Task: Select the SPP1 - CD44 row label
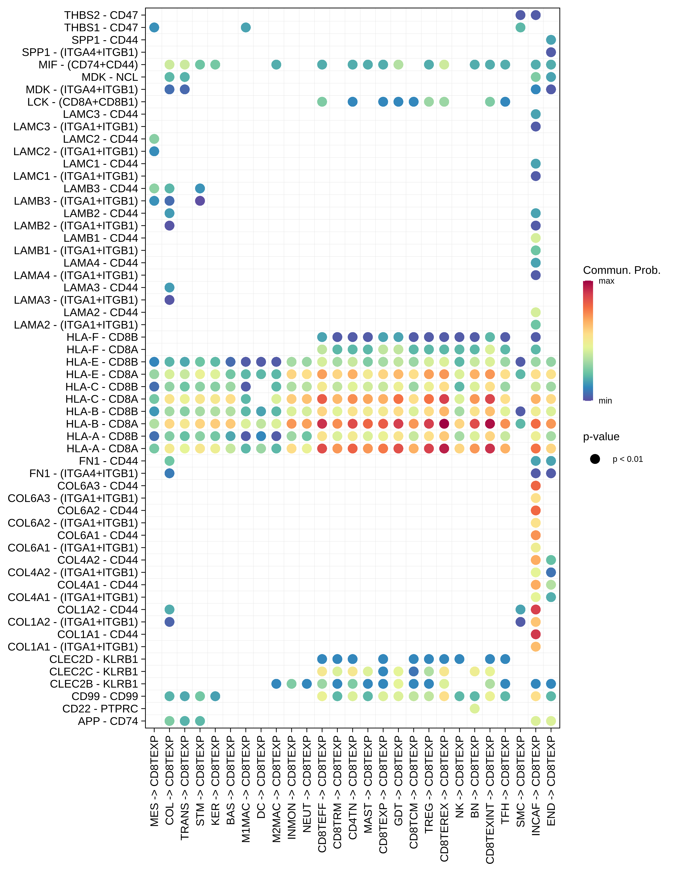[105, 40]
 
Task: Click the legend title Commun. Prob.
[621, 270]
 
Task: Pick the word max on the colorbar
[606, 281]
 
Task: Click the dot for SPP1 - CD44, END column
[551, 40]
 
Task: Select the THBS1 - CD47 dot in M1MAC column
[246, 27]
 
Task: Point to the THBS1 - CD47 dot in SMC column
[520, 27]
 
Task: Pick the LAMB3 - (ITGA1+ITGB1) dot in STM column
[200, 201]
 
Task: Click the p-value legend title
[601, 437]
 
